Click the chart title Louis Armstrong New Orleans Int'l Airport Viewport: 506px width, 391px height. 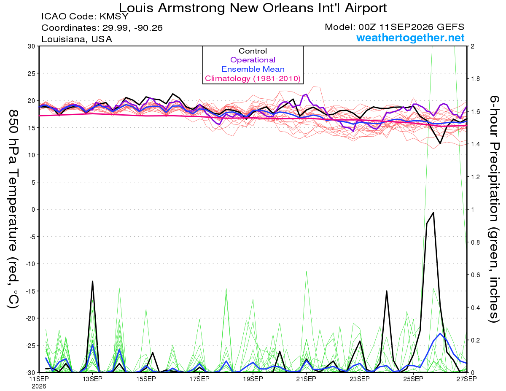click(253, 8)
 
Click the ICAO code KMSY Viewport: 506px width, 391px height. click(114, 16)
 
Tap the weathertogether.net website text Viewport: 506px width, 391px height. click(410, 38)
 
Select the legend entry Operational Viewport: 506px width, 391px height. click(253, 60)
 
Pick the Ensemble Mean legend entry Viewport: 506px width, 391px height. click(253, 69)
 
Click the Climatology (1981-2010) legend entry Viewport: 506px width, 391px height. click(253, 78)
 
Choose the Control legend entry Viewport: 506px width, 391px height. click(253, 51)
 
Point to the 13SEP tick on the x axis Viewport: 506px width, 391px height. click(92, 379)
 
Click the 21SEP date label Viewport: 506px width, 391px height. click(306, 379)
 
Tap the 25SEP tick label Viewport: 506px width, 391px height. click(413, 379)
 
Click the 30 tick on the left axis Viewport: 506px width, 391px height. click(31, 46)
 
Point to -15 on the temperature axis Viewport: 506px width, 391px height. click(30, 291)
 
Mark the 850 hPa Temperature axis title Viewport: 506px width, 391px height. click(13, 209)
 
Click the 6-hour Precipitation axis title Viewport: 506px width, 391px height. click(494, 209)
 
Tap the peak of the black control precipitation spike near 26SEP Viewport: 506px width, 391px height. click(433, 213)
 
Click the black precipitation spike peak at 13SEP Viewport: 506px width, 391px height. click(92, 281)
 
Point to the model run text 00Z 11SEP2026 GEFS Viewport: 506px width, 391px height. click(411, 27)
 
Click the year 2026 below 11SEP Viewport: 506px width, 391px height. click(39, 386)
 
